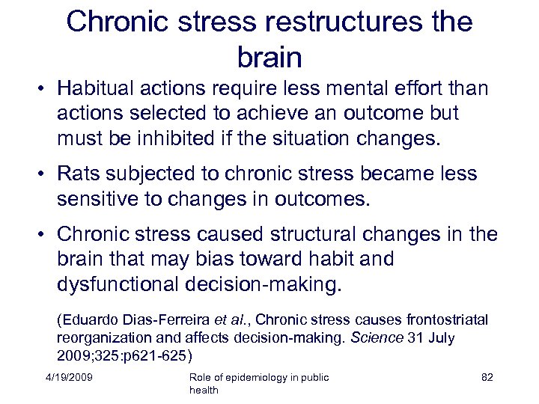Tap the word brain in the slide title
pos(269,57)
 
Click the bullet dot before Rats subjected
pos(45,174)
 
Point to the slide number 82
pos(487,377)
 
